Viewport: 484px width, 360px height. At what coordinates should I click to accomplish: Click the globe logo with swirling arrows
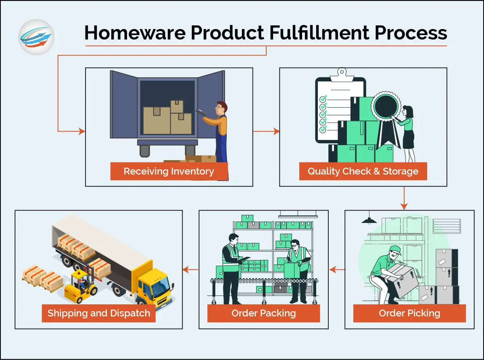(36, 37)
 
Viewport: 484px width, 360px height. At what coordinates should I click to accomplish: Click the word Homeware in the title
(135, 33)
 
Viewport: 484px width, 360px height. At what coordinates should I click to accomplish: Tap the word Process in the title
(411, 33)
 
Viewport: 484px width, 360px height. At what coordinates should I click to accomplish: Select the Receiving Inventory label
(169, 171)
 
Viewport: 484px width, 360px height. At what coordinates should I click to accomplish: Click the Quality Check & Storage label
(363, 171)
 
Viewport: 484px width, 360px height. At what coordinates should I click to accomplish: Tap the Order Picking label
(409, 313)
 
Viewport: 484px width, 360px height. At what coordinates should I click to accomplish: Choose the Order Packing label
(264, 313)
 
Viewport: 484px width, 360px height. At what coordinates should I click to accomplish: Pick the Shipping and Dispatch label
(99, 313)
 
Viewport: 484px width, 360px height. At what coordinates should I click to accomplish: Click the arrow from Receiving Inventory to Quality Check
(266, 131)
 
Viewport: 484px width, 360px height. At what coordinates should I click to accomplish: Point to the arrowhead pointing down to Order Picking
(404, 206)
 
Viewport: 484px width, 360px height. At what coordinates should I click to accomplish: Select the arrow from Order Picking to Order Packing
(337, 270)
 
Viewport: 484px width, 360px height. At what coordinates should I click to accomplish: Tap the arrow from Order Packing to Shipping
(190, 270)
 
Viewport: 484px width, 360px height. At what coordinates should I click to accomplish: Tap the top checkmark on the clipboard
(323, 99)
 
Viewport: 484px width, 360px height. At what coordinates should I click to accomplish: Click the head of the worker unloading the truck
(221, 108)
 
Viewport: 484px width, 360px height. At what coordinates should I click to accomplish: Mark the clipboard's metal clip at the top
(342, 75)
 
